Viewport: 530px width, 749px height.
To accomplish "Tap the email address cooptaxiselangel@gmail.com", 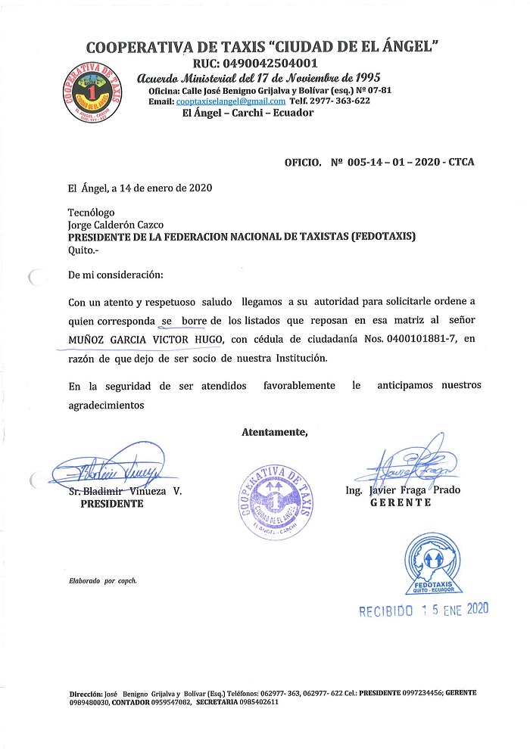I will pyautogui.click(x=229, y=101).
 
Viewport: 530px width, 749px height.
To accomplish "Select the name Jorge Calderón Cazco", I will pyautogui.click(x=115, y=225).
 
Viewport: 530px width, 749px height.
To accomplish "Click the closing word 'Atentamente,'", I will pyautogui.click(x=275, y=432).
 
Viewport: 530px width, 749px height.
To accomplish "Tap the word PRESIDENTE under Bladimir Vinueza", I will pyautogui.click(x=112, y=504).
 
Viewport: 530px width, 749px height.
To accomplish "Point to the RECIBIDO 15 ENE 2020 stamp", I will pyautogui.click(x=424, y=609).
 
